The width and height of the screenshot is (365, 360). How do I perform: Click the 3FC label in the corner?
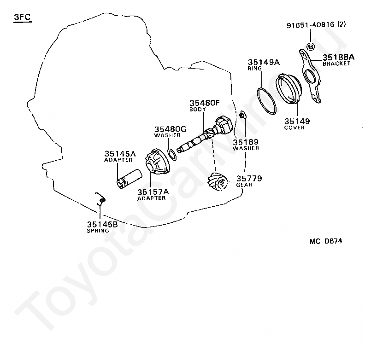tap(22, 17)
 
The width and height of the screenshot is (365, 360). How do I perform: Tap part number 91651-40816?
tap(310, 25)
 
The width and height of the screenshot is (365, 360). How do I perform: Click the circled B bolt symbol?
tap(311, 47)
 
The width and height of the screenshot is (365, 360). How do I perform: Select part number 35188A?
tap(338, 57)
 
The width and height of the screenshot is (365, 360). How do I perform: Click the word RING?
tap(255, 69)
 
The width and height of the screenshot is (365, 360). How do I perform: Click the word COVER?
tap(294, 128)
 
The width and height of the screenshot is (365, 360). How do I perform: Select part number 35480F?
tap(204, 103)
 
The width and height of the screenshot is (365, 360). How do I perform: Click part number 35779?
tap(249, 178)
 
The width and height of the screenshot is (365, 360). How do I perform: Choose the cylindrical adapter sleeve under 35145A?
tap(130, 178)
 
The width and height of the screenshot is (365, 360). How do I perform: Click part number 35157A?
tap(153, 192)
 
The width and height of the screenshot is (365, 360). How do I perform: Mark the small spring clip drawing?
tap(100, 199)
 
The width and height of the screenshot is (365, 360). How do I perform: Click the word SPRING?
tap(98, 231)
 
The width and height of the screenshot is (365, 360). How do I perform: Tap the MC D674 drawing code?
tap(326, 241)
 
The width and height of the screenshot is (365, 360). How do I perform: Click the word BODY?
tap(197, 109)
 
